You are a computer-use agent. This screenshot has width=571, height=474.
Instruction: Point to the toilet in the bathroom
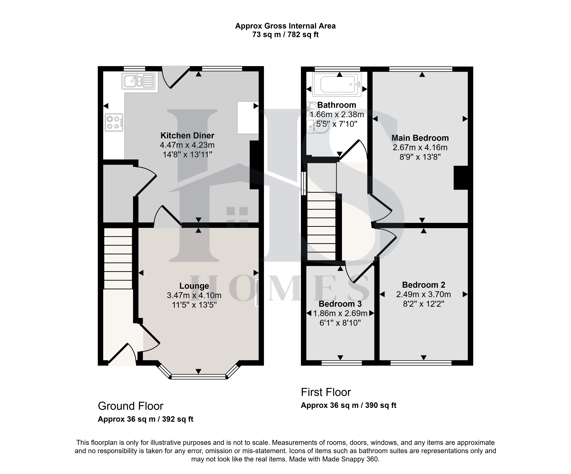tap(317, 127)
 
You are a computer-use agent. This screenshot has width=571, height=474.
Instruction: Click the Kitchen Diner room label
tap(187, 135)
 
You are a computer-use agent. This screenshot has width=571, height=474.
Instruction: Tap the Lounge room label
tap(194, 286)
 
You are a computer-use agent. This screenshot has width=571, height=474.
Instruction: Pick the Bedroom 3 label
tap(340, 304)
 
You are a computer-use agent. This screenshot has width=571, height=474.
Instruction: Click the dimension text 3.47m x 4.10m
tap(194, 295)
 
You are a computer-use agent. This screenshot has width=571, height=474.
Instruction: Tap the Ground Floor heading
tap(130, 406)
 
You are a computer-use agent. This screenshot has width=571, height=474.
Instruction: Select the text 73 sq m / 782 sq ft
tap(285, 35)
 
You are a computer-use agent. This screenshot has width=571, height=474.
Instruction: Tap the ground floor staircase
tap(118, 259)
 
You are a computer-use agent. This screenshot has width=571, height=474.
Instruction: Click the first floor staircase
tap(321, 226)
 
